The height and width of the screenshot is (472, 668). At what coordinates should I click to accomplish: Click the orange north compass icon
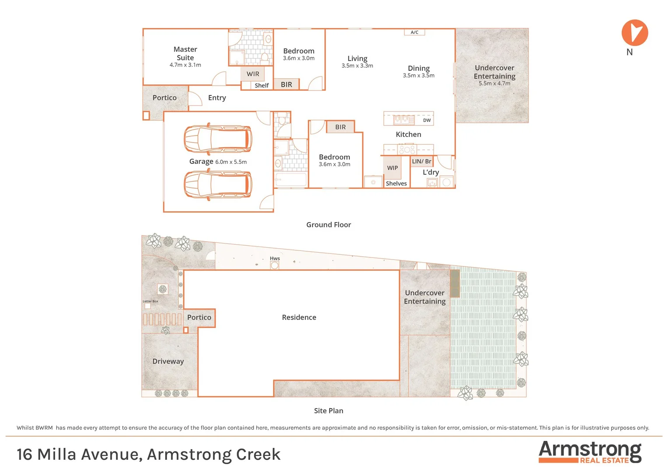pyautogui.click(x=634, y=33)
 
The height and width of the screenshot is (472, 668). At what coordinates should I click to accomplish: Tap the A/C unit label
pyautogui.click(x=414, y=32)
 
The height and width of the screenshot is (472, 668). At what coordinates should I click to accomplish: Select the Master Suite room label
pyautogui.click(x=185, y=53)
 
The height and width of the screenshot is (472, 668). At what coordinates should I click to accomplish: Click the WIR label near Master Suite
pyautogui.click(x=253, y=74)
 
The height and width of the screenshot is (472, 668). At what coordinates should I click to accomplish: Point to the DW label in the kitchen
pyautogui.click(x=427, y=120)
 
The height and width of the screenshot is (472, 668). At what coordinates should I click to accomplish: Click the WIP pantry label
pyautogui.click(x=392, y=168)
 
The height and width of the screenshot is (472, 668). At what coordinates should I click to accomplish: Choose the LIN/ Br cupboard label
pyautogui.click(x=421, y=161)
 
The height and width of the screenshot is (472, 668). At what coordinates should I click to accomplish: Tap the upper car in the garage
pyautogui.click(x=218, y=139)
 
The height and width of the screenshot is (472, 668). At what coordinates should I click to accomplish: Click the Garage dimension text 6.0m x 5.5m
pyautogui.click(x=231, y=162)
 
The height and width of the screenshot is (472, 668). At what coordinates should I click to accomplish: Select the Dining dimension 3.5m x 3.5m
pyautogui.click(x=418, y=76)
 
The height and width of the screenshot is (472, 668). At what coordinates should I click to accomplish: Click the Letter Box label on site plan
pyautogui.click(x=150, y=301)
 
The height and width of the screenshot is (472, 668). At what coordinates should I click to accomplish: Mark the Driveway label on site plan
pyautogui.click(x=168, y=361)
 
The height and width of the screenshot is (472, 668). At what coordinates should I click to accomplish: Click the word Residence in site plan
pyautogui.click(x=299, y=317)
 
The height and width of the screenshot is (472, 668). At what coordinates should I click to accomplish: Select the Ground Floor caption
pyautogui.click(x=328, y=225)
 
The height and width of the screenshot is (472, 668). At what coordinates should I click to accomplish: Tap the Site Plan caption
pyautogui.click(x=328, y=411)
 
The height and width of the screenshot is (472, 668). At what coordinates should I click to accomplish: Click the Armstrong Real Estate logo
pyautogui.click(x=590, y=452)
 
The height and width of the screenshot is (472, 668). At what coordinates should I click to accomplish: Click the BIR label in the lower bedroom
pyautogui.click(x=340, y=127)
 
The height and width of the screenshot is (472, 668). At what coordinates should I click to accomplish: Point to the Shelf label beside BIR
pyautogui.click(x=261, y=85)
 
